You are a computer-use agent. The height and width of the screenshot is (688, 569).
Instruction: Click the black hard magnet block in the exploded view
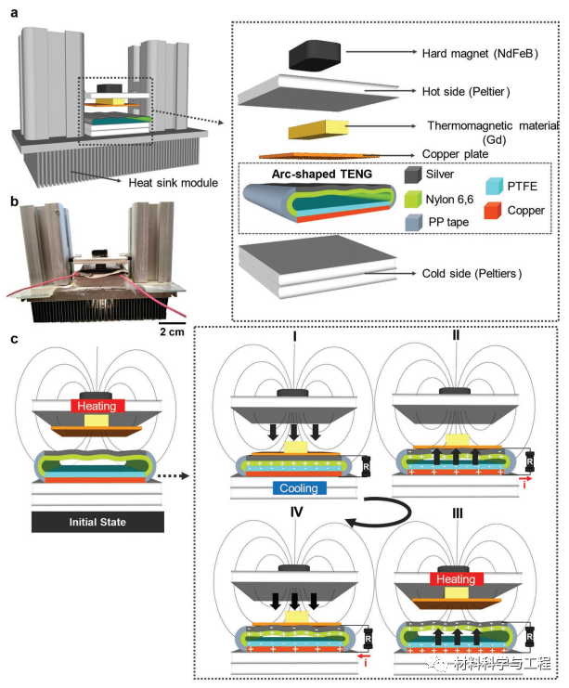point(316,55)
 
